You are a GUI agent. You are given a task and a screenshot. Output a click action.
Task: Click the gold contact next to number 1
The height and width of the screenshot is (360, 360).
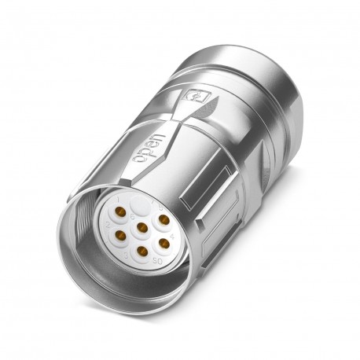(121, 212)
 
